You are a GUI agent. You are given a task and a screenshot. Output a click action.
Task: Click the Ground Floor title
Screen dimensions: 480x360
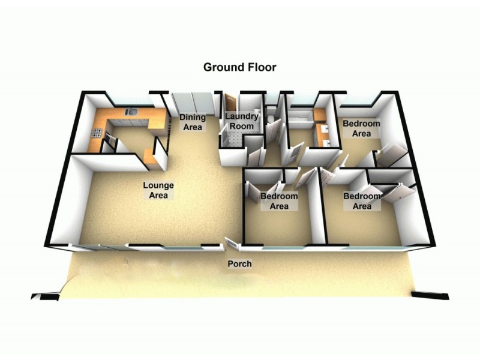pyautogui.click(x=239, y=67)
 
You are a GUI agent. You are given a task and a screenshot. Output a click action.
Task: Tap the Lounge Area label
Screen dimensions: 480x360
pyautogui.click(x=158, y=190)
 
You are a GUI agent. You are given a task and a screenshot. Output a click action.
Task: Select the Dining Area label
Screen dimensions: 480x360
pyautogui.click(x=192, y=122)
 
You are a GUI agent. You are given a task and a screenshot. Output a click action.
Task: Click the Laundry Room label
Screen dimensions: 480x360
pyautogui.click(x=242, y=121)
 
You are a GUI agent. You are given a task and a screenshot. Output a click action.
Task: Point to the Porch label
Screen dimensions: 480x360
pyautogui.click(x=239, y=263)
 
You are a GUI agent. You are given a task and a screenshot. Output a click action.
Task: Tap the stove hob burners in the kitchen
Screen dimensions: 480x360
pyautogui.click(x=97, y=133)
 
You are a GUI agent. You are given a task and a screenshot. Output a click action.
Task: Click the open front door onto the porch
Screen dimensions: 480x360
pyautogui.click(x=231, y=244)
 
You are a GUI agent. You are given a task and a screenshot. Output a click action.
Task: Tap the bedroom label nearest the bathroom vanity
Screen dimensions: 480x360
pyautogui.click(x=361, y=128)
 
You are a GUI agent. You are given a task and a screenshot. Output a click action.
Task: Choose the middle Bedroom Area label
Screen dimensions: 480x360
pyautogui.click(x=279, y=201)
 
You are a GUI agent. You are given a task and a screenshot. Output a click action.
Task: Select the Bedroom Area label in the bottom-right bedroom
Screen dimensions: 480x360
pyautogui.click(x=362, y=201)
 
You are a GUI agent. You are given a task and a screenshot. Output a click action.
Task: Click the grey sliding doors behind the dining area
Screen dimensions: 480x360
pyautogui.click(x=192, y=103)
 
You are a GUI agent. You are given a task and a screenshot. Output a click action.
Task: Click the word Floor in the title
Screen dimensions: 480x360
pyautogui.click(x=262, y=67)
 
